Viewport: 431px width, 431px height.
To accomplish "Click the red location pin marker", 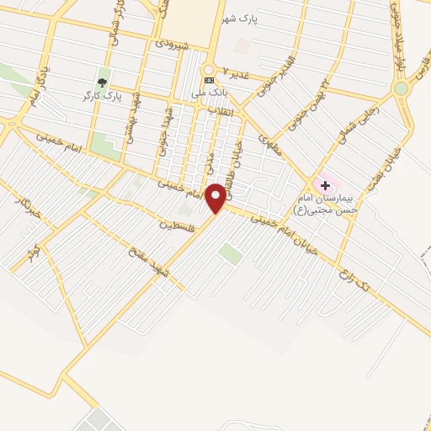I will coord(216,197).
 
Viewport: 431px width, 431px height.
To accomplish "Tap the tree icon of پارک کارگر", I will coord(103,82).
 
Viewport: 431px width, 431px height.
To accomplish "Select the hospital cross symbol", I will coord(325,184).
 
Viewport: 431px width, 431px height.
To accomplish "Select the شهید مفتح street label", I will coord(149,261).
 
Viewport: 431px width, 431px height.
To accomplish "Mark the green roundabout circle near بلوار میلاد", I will coord(401,88).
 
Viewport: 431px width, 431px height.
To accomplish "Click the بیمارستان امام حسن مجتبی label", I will coord(326,203).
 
